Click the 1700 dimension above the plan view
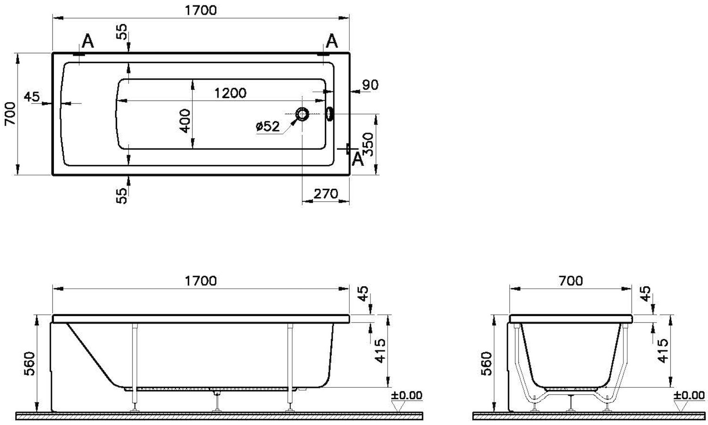pyautogui.click(x=201, y=10)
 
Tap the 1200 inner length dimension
pyautogui.click(x=230, y=93)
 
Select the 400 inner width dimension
pyautogui.click(x=185, y=121)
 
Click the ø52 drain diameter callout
pyautogui.click(x=268, y=126)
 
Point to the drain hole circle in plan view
pyautogui.click(x=302, y=114)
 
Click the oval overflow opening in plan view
pyautogui.click(x=329, y=114)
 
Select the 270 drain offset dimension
pyautogui.click(x=326, y=193)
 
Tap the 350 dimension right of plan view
pyautogui.click(x=368, y=144)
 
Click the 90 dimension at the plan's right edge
pyautogui.click(x=370, y=85)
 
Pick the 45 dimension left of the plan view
pyautogui.click(x=32, y=96)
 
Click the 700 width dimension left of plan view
pyautogui.click(x=10, y=114)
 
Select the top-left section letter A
pyautogui.click(x=87, y=42)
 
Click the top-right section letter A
pyautogui.click(x=331, y=42)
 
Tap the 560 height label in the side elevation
pyautogui.click(x=30, y=363)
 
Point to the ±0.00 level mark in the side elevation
pyautogui.click(x=406, y=395)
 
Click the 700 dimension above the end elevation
pyautogui.click(x=571, y=281)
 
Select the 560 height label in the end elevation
pyautogui.click(x=487, y=363)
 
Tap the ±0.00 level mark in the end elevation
pyautogui.click(x=689, y=395)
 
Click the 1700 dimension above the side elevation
pyautogui.click(x=201, y=281)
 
